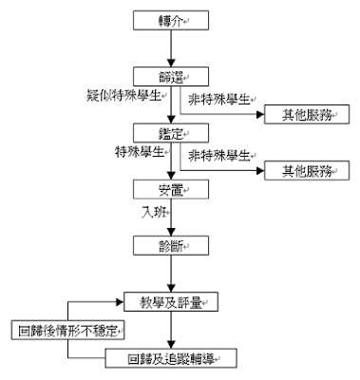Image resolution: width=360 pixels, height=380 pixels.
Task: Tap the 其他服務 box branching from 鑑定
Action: pyautogui.click(x=294, y=171)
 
